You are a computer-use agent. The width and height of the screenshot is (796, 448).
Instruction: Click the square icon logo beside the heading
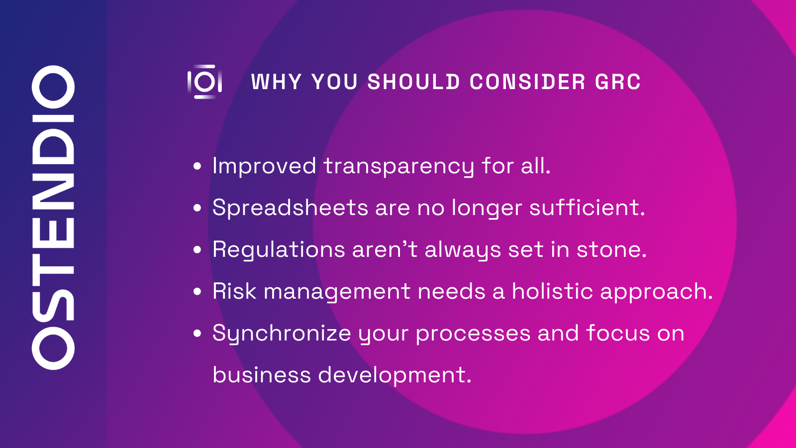(204, 82)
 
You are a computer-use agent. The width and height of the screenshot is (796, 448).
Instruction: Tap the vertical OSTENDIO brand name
(53, 218)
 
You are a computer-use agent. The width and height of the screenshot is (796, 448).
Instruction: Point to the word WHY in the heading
(276, 82)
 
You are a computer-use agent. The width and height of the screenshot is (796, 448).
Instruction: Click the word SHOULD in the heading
(413, 82)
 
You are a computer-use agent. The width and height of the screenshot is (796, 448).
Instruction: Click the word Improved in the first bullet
(264, 166)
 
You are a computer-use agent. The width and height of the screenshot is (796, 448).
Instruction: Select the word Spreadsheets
(290, 208)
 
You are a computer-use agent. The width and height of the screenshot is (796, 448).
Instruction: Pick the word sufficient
(587, 208)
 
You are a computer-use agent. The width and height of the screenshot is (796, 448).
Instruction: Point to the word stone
(611, 249)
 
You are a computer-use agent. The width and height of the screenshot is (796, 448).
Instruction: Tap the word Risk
(234, 291)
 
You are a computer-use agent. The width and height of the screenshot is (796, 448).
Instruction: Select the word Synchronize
(282, 334)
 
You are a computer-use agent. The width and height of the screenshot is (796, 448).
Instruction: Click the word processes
(473, 334)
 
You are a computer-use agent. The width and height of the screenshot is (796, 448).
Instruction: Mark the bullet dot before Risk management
(198, 292)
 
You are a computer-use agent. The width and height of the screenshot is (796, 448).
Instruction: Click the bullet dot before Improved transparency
(198, 166)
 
